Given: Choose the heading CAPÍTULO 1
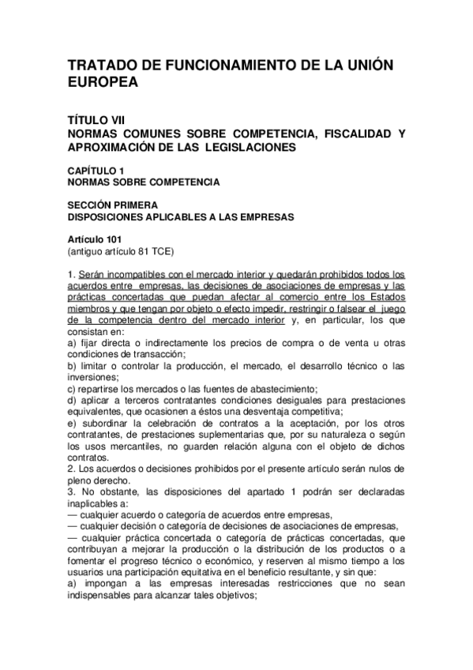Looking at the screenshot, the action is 96,170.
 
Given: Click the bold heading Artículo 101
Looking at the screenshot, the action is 95,239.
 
